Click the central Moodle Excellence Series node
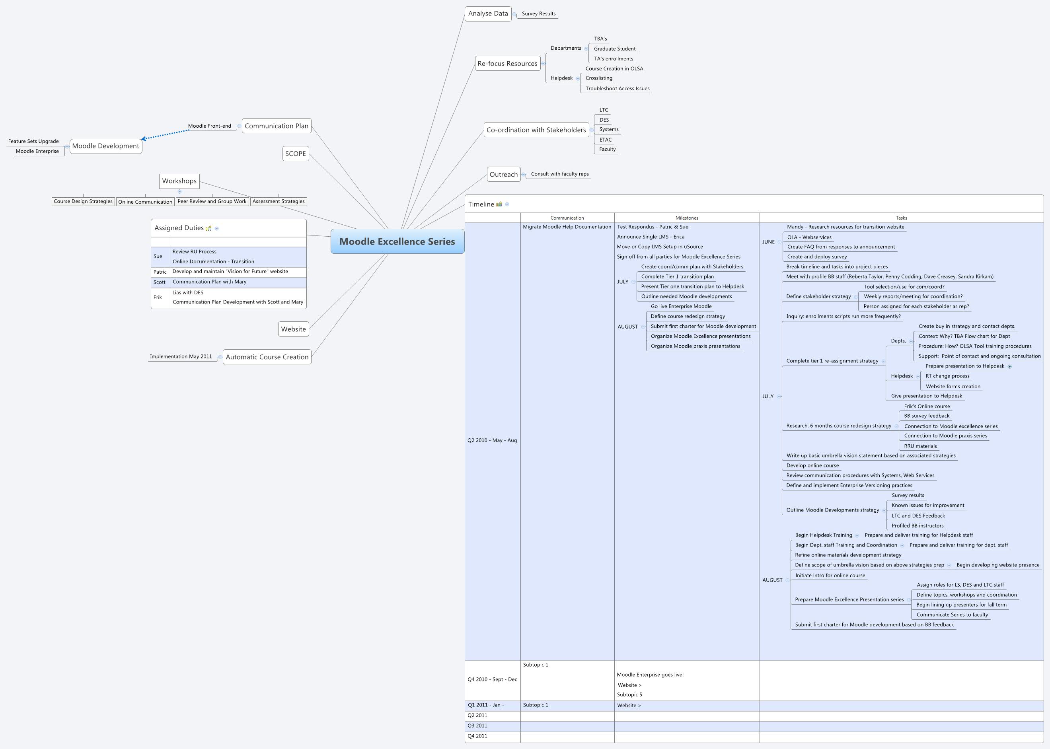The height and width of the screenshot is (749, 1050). (x=397, y=241)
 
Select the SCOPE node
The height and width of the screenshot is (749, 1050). (x=295, y=154)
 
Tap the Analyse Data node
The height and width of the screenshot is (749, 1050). (x=488, y=14)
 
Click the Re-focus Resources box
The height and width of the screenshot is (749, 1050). (x=507, y=64)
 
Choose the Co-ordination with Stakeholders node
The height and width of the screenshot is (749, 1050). (x=536, y=130)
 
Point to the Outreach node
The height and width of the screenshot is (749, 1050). (x=503, y=174)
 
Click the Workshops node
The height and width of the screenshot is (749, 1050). (x=179, y=181)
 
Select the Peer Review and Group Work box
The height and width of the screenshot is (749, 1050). (x=212, y=202)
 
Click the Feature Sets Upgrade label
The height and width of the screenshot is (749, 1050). (x=33, y=141)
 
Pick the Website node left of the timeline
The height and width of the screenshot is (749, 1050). (x=293, y=329)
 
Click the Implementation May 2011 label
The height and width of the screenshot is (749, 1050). (x=181, y=356)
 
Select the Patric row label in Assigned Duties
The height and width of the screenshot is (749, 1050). (x=160, y=272)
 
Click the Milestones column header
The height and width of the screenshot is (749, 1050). (x=686, y=218)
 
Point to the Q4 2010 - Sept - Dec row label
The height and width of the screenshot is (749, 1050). (x=492, y=679)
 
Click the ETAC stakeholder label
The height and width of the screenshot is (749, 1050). (x=605, y=140)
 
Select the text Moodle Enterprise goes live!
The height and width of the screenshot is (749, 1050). (x=650, y=675)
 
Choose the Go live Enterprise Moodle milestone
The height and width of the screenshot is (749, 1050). (x=681, y=306)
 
